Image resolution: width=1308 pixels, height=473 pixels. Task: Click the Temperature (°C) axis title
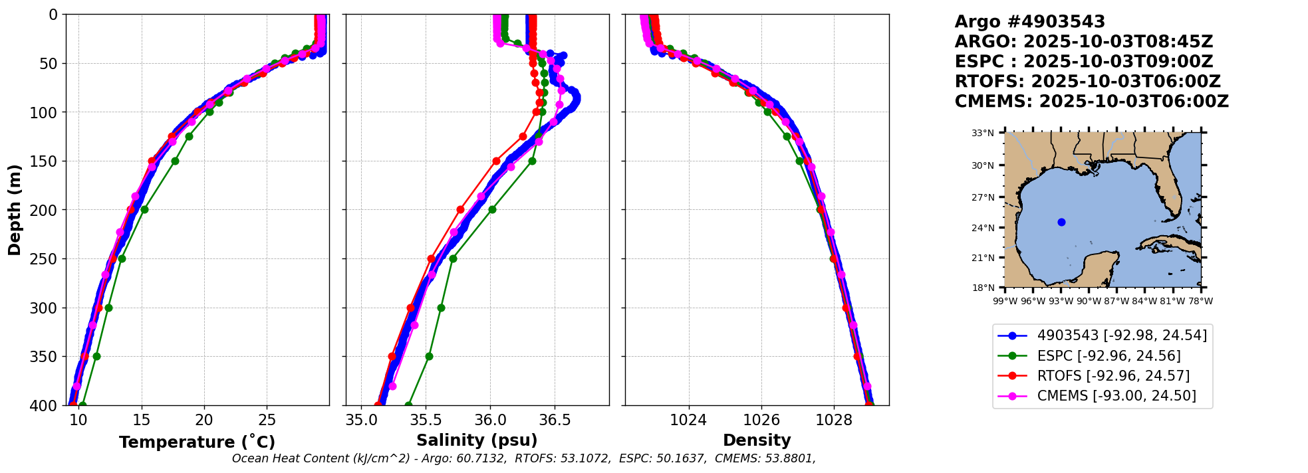197,442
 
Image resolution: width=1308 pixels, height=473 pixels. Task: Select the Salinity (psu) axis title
477,440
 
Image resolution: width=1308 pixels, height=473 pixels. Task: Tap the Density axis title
757,440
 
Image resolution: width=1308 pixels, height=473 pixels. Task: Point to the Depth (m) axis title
14,210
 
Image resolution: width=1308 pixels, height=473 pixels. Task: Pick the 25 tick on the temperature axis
267,420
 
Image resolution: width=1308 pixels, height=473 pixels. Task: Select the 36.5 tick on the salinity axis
555,420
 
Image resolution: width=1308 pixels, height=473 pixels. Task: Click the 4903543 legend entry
1103,335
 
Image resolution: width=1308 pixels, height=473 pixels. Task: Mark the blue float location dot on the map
1061,222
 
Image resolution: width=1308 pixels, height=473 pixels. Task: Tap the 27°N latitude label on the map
983,197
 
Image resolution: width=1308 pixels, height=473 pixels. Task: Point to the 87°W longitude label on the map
1116,301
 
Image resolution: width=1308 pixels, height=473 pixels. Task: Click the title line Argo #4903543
1029,22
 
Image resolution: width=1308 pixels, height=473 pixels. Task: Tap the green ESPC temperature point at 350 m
96,356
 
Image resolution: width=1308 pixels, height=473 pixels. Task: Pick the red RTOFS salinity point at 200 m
460,209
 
